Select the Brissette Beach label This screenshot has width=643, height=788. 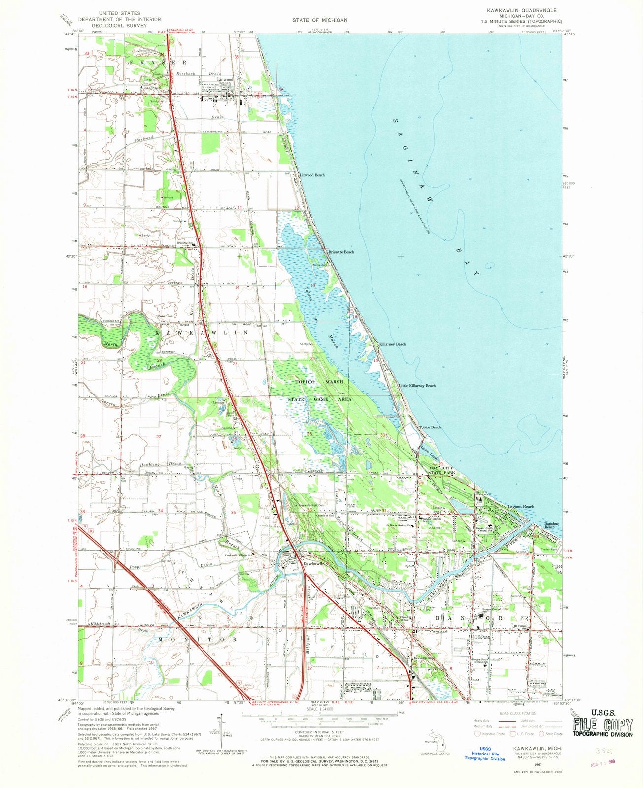(x=341, y=252)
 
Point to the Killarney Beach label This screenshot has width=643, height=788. (x=392, y=344)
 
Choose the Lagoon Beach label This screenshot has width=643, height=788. (x=521, y=507)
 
